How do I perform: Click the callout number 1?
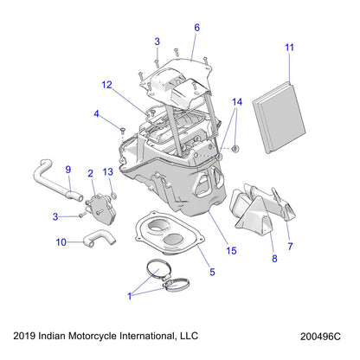(131, 295)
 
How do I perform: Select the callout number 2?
(91, 174)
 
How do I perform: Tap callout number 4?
(98, 113)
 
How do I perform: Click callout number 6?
(196, 28)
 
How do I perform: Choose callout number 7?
(289, 247)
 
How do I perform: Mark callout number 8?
(250, 257)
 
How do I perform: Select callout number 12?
(106, 85)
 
